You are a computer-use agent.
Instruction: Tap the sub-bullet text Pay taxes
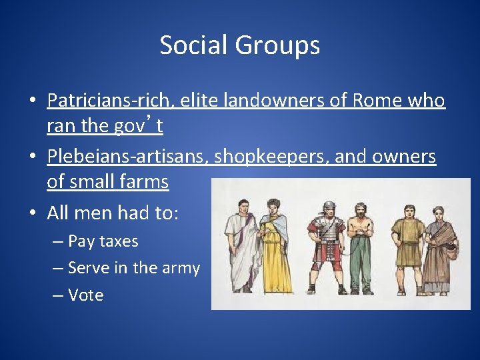point(103,241)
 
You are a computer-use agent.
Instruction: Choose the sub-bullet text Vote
point(86,295)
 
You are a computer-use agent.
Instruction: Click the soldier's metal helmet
point(328,207)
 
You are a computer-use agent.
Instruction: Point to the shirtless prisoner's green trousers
point(360,263)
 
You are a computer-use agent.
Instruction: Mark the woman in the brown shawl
point(439,247)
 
